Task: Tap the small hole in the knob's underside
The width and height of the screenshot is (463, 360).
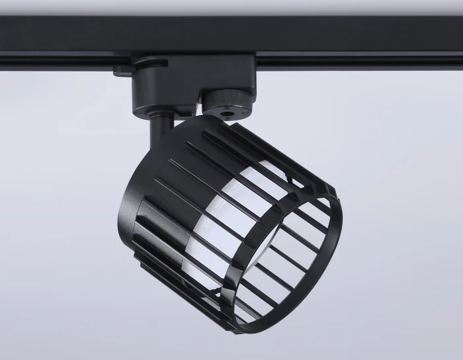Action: tap(228, 114)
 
